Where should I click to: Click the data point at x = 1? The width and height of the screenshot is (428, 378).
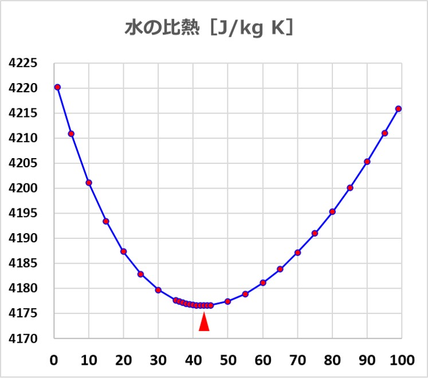pyautogui.click(x=57, y=87)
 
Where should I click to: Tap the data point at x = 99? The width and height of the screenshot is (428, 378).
pyautogui.click(x=398, y=109)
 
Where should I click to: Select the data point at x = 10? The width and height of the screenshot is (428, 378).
pyautogui.click(x=89, y=183)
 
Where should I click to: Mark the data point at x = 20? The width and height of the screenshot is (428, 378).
pyautogui.click(x=123, y=251)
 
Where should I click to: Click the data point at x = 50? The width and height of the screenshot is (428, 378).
pyautogui.click(x=227, y=301)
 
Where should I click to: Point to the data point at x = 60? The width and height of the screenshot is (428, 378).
pyautogui.click(x=263, y=282)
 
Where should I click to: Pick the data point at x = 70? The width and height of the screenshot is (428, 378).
pyautogui.click(x=297, y=253)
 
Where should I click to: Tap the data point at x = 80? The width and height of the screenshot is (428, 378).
pyautogui.click(x=332, y=211)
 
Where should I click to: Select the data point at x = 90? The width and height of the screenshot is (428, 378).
pyautogui.click(x=367, y=162)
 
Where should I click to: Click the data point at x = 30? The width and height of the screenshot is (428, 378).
pyautogui.click(x=158, y=290)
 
